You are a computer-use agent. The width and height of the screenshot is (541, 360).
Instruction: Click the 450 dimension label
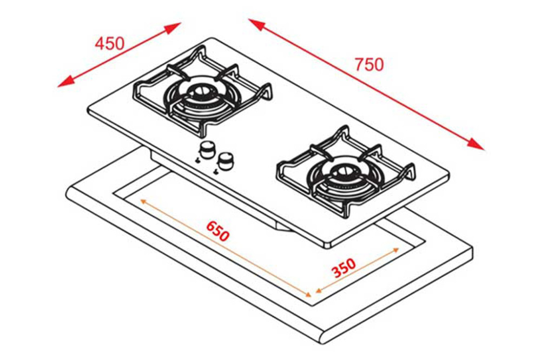[x=110, y=43]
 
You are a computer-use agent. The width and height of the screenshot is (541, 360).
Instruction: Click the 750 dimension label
[x=369, y=64]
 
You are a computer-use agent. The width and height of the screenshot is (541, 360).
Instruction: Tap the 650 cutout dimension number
[x=217, y=231]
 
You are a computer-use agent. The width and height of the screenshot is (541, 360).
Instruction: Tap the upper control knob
[x=207, y=149]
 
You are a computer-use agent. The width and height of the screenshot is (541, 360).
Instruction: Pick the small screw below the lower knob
[x=216, y=171]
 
